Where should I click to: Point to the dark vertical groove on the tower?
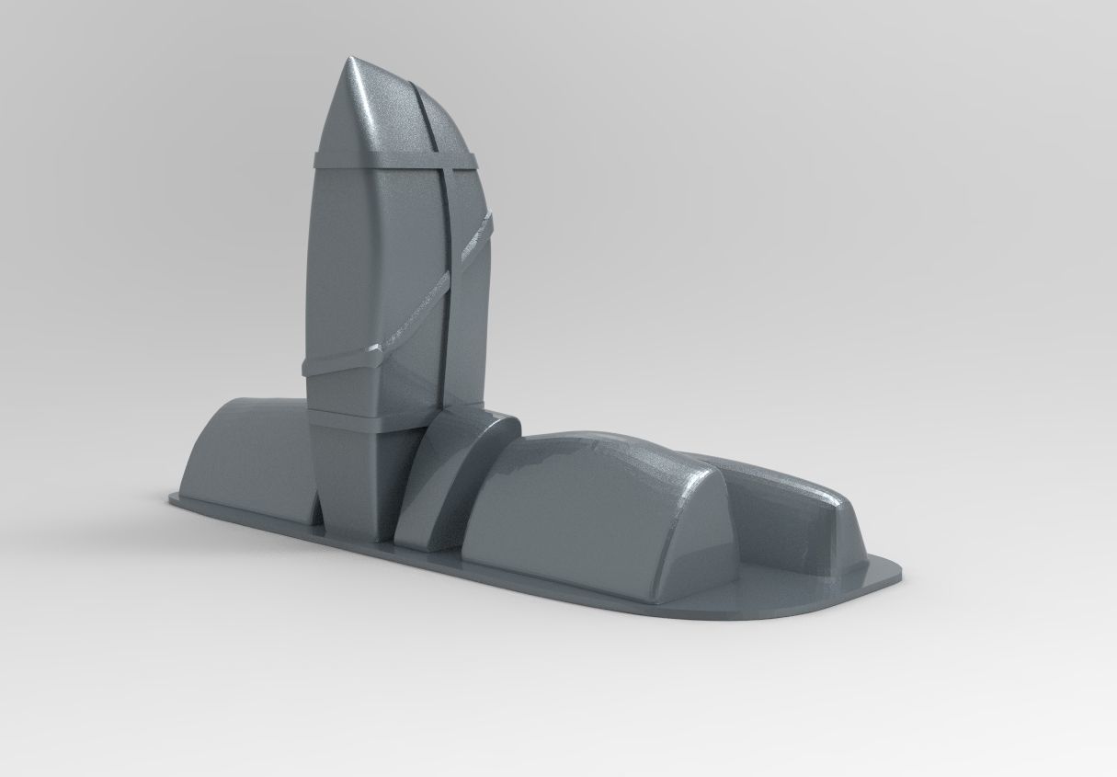point(445,276)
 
